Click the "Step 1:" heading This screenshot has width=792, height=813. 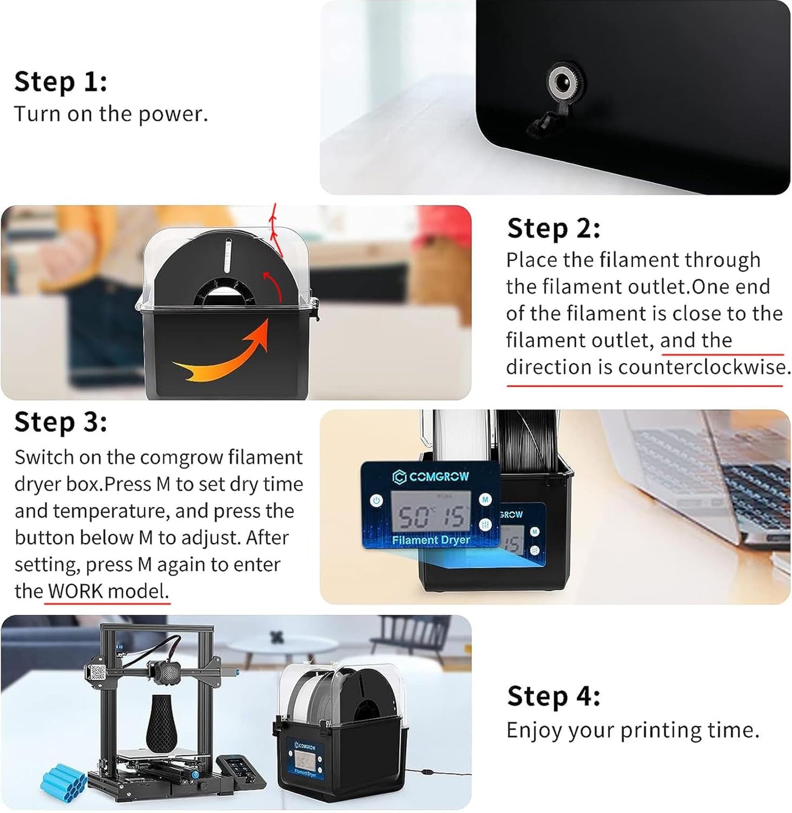[61, 82]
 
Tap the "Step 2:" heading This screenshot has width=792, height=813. [554, 228]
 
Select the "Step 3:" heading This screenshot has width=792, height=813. [61, 422]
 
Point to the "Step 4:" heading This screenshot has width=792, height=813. [554, 696]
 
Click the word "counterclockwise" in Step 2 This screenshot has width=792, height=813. [702, 367]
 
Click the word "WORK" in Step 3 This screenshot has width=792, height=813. [75, 591]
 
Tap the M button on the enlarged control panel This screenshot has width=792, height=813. [485, 499]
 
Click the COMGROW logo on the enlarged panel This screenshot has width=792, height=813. [431, 476]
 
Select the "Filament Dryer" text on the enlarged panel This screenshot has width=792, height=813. [431, 540]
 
